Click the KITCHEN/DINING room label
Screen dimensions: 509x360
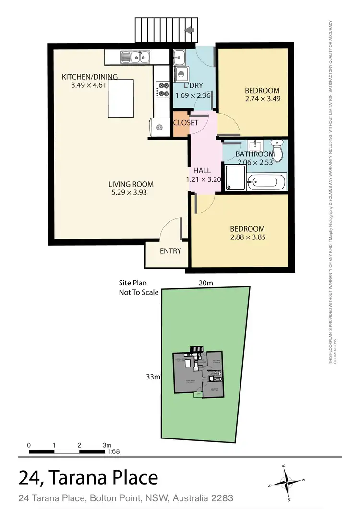click(90, 77)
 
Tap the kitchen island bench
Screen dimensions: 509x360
click(121, 99)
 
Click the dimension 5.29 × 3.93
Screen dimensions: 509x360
click(131, 193)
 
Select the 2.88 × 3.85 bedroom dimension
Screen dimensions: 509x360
click(248, 237)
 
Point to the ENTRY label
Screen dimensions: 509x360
click(170, 251)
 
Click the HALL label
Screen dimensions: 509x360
click(202, 171)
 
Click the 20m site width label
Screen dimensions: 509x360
click(205, 284)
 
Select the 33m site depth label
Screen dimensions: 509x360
click(153, 377)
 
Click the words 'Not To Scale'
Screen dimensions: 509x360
click(139, 292)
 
